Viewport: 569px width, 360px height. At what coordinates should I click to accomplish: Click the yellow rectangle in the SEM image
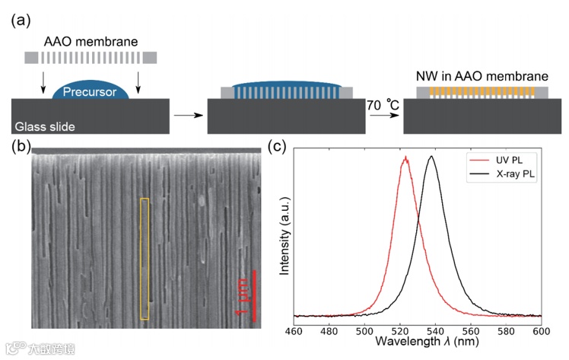click(x=145, y=258)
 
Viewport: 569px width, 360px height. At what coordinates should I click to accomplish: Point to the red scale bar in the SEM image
click(x=254, y=293)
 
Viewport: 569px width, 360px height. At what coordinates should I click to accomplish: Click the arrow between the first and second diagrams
click(x=184, y=116)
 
